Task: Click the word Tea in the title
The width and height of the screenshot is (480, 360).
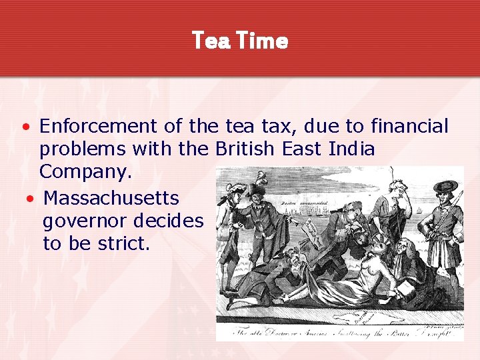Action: click(x=210, y=41)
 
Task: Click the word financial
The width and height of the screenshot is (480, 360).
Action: click(x=411, y=125)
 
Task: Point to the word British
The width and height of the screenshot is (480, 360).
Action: click(x=243, y=149)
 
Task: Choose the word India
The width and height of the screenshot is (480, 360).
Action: click(x=352, y=149)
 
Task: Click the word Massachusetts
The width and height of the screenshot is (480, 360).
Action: click(x=111, y=198)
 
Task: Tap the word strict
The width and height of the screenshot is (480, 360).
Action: click(x=123, y=243)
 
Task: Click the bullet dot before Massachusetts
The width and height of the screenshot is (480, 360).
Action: click(x=29, y=199)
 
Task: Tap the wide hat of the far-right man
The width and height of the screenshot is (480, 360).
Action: click(x=445, y=186)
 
